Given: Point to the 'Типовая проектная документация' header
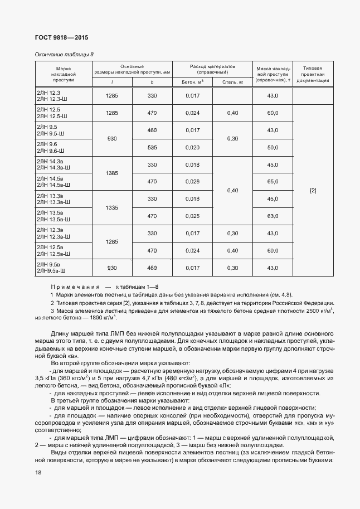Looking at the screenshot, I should (313, 74).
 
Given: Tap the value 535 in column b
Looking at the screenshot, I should (152, 147).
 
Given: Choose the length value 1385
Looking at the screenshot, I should (111, 173).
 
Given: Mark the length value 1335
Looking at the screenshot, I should (111, 207).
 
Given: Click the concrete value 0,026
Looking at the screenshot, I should (192, 182).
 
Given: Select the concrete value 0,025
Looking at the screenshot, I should (192, 216).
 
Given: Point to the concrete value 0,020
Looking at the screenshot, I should (192, 147).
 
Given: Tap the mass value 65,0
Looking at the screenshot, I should (273, 182).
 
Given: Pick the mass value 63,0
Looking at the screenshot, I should (273, 216).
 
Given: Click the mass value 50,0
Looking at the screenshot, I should (273, 147).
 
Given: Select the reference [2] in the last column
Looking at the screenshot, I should (313, 191).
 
